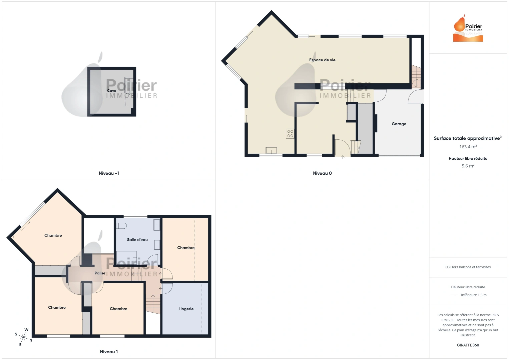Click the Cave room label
click(x=111, y=91)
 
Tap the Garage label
click(x=399, y=124)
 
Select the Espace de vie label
click(x=322, y=60)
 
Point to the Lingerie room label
click(x=186, y=309)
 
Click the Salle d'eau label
click(x=137, y=240)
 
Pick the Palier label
click(x=100, y=273)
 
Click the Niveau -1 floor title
click(x=109, y=173)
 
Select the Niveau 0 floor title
click(x=322, y=173)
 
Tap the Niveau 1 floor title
click(x=109, y=352)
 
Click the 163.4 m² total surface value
click(x=468, y=147)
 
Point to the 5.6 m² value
click(x=468, y=166)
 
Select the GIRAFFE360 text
click(x=468, y=345)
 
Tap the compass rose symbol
click(x=24, y=337)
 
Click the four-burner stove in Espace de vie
click(x=290, y=134)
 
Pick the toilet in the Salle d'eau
click(x=121, y=226)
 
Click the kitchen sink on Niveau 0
click(x=271, y=150)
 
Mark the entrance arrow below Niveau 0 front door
click(x=343, y=157)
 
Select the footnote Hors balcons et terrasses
click(x=468, y=267)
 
